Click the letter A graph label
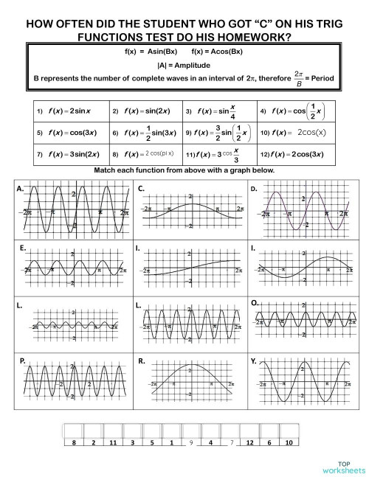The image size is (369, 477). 20,189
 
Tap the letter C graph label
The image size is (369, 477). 141,189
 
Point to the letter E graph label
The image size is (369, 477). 24,248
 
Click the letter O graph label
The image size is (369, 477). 255,303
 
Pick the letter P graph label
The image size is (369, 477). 24,361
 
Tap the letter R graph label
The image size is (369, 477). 141,361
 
